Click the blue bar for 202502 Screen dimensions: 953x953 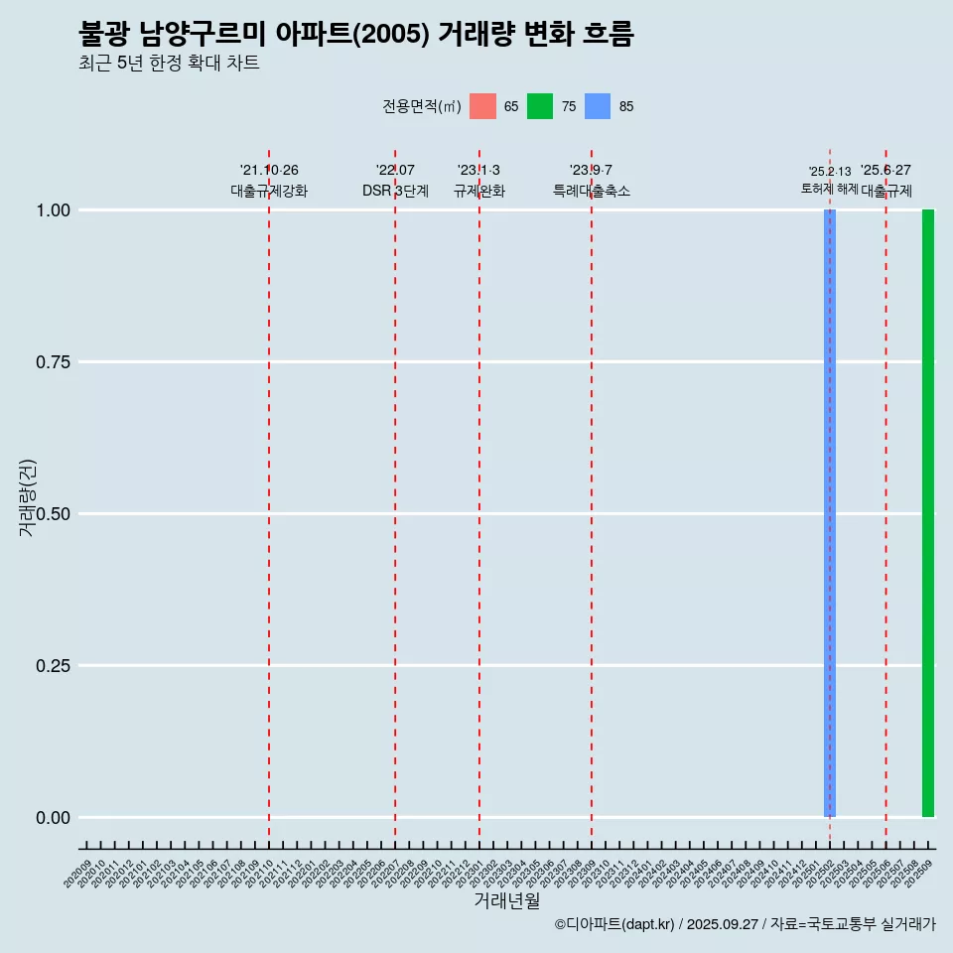(x=829, y=513)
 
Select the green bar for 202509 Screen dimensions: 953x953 (x=928, y=513)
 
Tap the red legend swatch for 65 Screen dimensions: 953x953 (x=482, y=106)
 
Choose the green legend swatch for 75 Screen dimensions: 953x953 (x=540, y=106)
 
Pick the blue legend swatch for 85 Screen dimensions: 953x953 (x=598, y=106)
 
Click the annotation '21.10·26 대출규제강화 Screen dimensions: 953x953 (x=269, y=181)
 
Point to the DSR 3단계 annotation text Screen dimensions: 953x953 (x=395, y=191)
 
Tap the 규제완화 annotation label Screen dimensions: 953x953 (x=479, y=191)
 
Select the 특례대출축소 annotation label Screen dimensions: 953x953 (x=592, y=191)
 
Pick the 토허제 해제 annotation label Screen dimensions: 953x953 (x=830, y=189)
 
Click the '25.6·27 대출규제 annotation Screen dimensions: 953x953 (x=886, y=181)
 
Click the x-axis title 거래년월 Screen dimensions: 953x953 (x=507, y=900)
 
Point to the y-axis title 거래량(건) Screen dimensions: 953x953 (x=27, y=497)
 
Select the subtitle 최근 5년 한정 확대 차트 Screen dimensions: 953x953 (x=169, y=64)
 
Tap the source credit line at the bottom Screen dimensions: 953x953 (x=745, y=924)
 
